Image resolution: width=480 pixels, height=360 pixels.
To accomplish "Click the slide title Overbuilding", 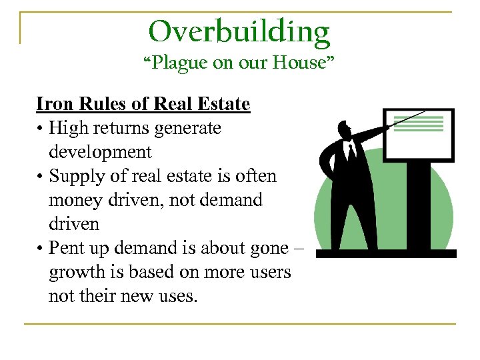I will click(239, 31).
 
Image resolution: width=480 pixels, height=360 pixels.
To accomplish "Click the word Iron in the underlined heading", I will click(51, 104).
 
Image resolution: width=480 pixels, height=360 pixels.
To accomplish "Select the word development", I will click(100, 151).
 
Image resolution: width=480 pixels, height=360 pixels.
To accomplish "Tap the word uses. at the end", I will click(176, 295).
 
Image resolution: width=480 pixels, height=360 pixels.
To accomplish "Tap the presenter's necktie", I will click(350, 153).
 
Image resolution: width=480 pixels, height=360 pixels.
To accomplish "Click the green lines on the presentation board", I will click(421, 123).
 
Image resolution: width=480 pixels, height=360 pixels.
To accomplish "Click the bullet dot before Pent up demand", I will click(40, 248).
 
